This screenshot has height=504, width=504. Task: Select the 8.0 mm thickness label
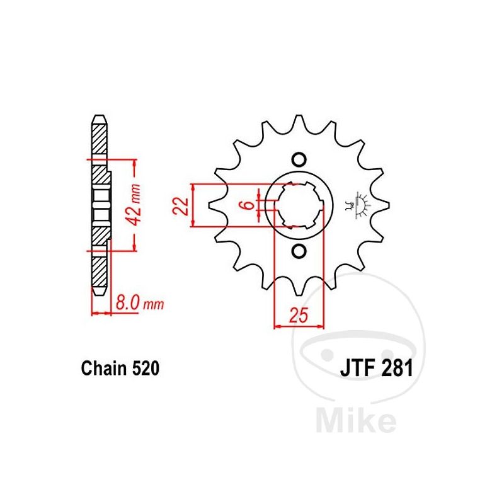[139, 303]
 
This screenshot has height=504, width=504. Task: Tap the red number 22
[181, 205]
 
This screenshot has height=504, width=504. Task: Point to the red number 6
[248, 205]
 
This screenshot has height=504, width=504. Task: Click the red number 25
[299, 314]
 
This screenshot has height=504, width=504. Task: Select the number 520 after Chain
[146, 369]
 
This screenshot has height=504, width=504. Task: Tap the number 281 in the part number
[396, 369]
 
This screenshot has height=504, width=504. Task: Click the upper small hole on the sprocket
[299, 160]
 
